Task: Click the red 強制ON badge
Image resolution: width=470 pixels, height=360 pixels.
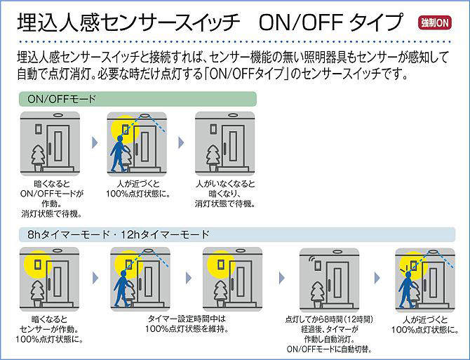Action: coord(435,22)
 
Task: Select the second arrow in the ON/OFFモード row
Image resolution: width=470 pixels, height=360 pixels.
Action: coord(181,142)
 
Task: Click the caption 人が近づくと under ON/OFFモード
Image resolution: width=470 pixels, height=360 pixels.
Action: coord(137,185)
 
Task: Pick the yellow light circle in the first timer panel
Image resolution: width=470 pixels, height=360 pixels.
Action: coord(33,265)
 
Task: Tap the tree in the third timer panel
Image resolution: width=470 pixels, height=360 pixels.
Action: coord(219,291)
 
